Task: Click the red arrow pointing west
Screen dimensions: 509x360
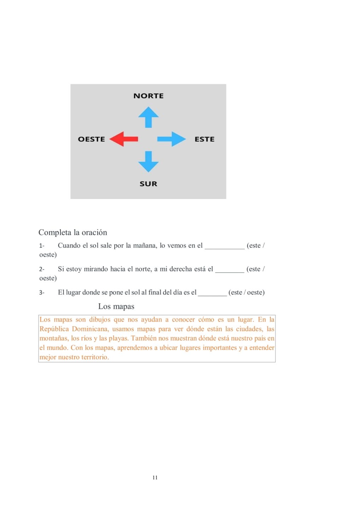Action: (123, 139)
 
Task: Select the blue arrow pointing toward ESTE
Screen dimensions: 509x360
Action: (172, 139)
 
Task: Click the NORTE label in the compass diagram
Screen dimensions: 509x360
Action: (149, 96)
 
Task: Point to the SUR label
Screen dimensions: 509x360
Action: (148, 184)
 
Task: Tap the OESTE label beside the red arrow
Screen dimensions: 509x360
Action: (91, 139)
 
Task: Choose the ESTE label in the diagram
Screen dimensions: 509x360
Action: (204, 139)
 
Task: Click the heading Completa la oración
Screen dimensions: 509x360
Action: (73, 232)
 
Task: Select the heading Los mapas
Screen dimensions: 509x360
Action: (116, 306)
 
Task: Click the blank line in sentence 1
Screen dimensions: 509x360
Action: (225, 247)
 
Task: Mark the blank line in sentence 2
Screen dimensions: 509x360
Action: (230, 271)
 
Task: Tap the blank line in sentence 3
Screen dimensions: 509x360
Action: (212, 294)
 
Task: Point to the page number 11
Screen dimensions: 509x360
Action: (155, 478)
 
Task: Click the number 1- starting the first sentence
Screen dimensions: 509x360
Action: (42, 246)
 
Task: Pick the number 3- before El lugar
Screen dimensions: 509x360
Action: (42, 293)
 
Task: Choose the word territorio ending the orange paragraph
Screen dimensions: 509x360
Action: (95, 357)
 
